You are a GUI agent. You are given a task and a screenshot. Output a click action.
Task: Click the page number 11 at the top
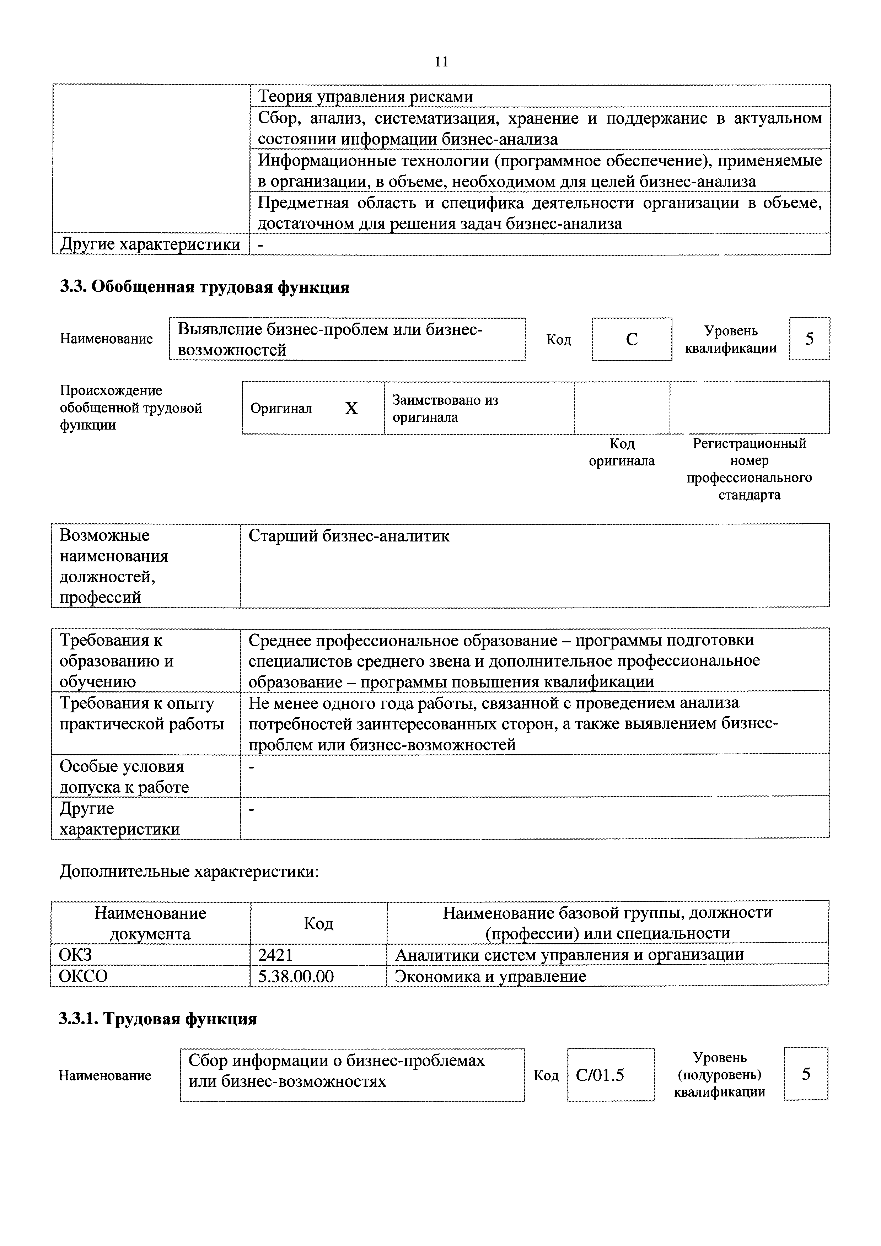click(441, 62)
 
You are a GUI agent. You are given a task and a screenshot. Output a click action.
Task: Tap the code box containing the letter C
click(632, 339)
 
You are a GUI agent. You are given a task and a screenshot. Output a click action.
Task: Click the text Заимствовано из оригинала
click(445, 408)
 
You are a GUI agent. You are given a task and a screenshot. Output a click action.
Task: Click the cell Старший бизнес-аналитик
click(349, 536)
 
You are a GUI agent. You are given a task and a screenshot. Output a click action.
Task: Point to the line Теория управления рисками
click(365, 97)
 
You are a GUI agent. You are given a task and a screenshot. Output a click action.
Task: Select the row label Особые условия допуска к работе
click(124, 777)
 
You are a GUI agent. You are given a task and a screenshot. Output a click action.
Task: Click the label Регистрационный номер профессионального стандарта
click(749, 469)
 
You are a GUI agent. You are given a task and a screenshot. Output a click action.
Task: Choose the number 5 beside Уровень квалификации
click(809, 339)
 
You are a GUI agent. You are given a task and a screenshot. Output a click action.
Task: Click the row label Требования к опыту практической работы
click(141, 714)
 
